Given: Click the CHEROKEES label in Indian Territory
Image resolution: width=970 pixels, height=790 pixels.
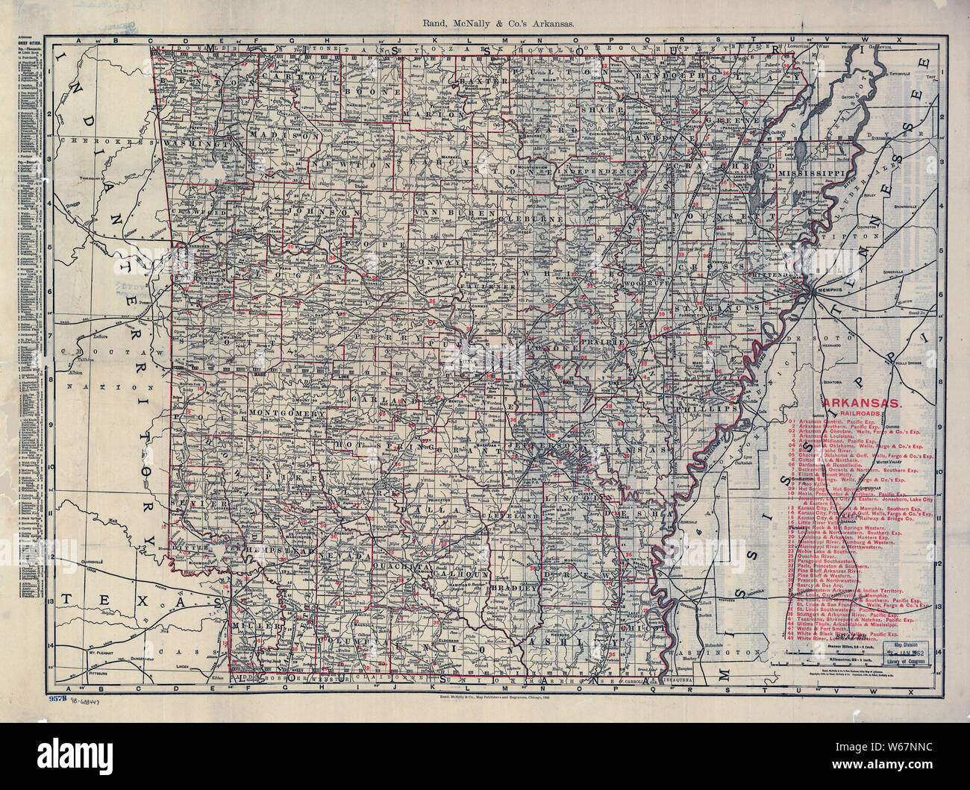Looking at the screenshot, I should coord(90,140).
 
